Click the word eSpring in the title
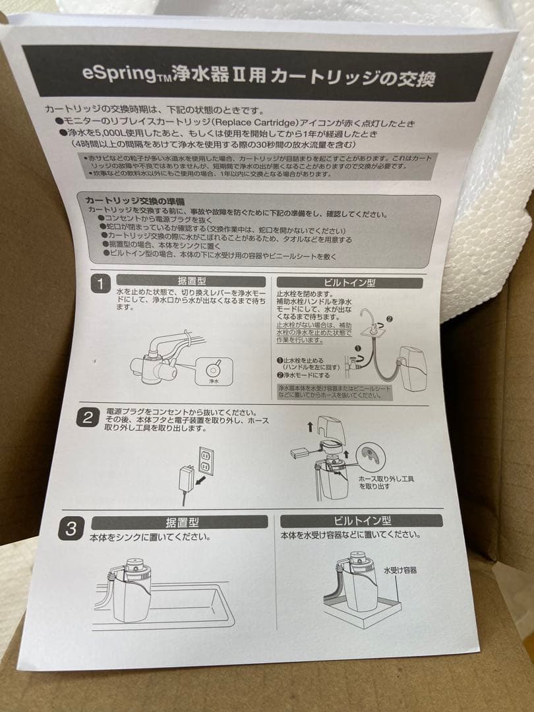click(114, 73)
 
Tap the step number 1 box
click(101, 284)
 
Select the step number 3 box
click(71, 528)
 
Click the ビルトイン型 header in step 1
click(349, 282)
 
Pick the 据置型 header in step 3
click(179, 522)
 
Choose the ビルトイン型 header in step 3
click(360, 520)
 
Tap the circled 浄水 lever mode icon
click(214, 369)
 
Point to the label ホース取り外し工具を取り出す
click(386, 482)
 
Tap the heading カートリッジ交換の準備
click(134, 200)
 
